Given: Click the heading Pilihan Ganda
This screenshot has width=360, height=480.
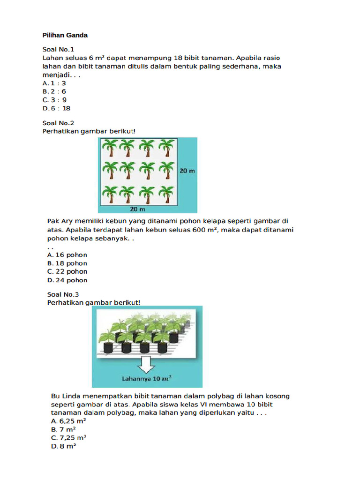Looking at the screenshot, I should click(x=65, y=35).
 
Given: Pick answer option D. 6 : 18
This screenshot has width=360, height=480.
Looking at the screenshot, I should click(x=56, y=108).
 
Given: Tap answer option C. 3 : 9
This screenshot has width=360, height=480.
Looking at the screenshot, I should click(x=54, y=100).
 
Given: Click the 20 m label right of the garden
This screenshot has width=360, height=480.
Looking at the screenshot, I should click(x=187, y=171).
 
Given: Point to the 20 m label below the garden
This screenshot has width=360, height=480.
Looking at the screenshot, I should click(x=137, y=208).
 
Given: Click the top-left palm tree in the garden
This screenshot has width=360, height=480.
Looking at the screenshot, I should click(x=110, y=148).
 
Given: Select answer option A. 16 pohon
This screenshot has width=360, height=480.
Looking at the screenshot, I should click(x=67, y=255).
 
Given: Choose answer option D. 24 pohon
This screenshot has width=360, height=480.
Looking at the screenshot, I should click(x=67, y=280).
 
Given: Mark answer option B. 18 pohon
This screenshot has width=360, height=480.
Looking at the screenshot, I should click(x=67, y=263).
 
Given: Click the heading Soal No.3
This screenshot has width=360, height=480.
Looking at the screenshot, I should click(x=63, y=294).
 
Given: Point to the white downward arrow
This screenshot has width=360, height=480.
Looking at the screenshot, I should click(x=147, y=364).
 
